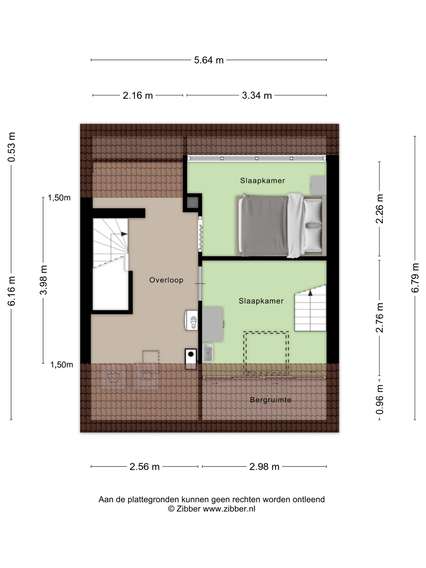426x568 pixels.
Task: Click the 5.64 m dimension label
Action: click(x=209, y=60)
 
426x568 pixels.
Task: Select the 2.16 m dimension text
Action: click(x=138, y=96)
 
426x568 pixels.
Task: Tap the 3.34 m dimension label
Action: click(x=256, y=96)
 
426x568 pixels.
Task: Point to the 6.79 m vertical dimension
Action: click(x=415, y=278)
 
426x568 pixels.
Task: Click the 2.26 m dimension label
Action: click(x=380, y=209)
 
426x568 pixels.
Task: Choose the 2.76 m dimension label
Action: click(x=380, y=318)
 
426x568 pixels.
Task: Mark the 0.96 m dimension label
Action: click(x=380, y=400)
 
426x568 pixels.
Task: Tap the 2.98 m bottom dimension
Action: click(x=264, y=467)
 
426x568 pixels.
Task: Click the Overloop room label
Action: click(x=166, y=280)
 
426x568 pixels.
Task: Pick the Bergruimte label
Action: click(x=270, y=400)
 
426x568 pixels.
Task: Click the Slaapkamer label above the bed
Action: click(x=262, y=181)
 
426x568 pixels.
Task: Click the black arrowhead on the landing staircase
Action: click(x=124, y=234)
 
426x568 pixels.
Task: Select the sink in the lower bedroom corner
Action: click(x=207, y=353)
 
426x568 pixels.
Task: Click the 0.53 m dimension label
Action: click(x=12, y=147)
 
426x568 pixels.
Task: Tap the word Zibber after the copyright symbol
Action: click(x=188, y=509)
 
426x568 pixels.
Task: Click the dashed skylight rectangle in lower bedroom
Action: click(x=266, y=353)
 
